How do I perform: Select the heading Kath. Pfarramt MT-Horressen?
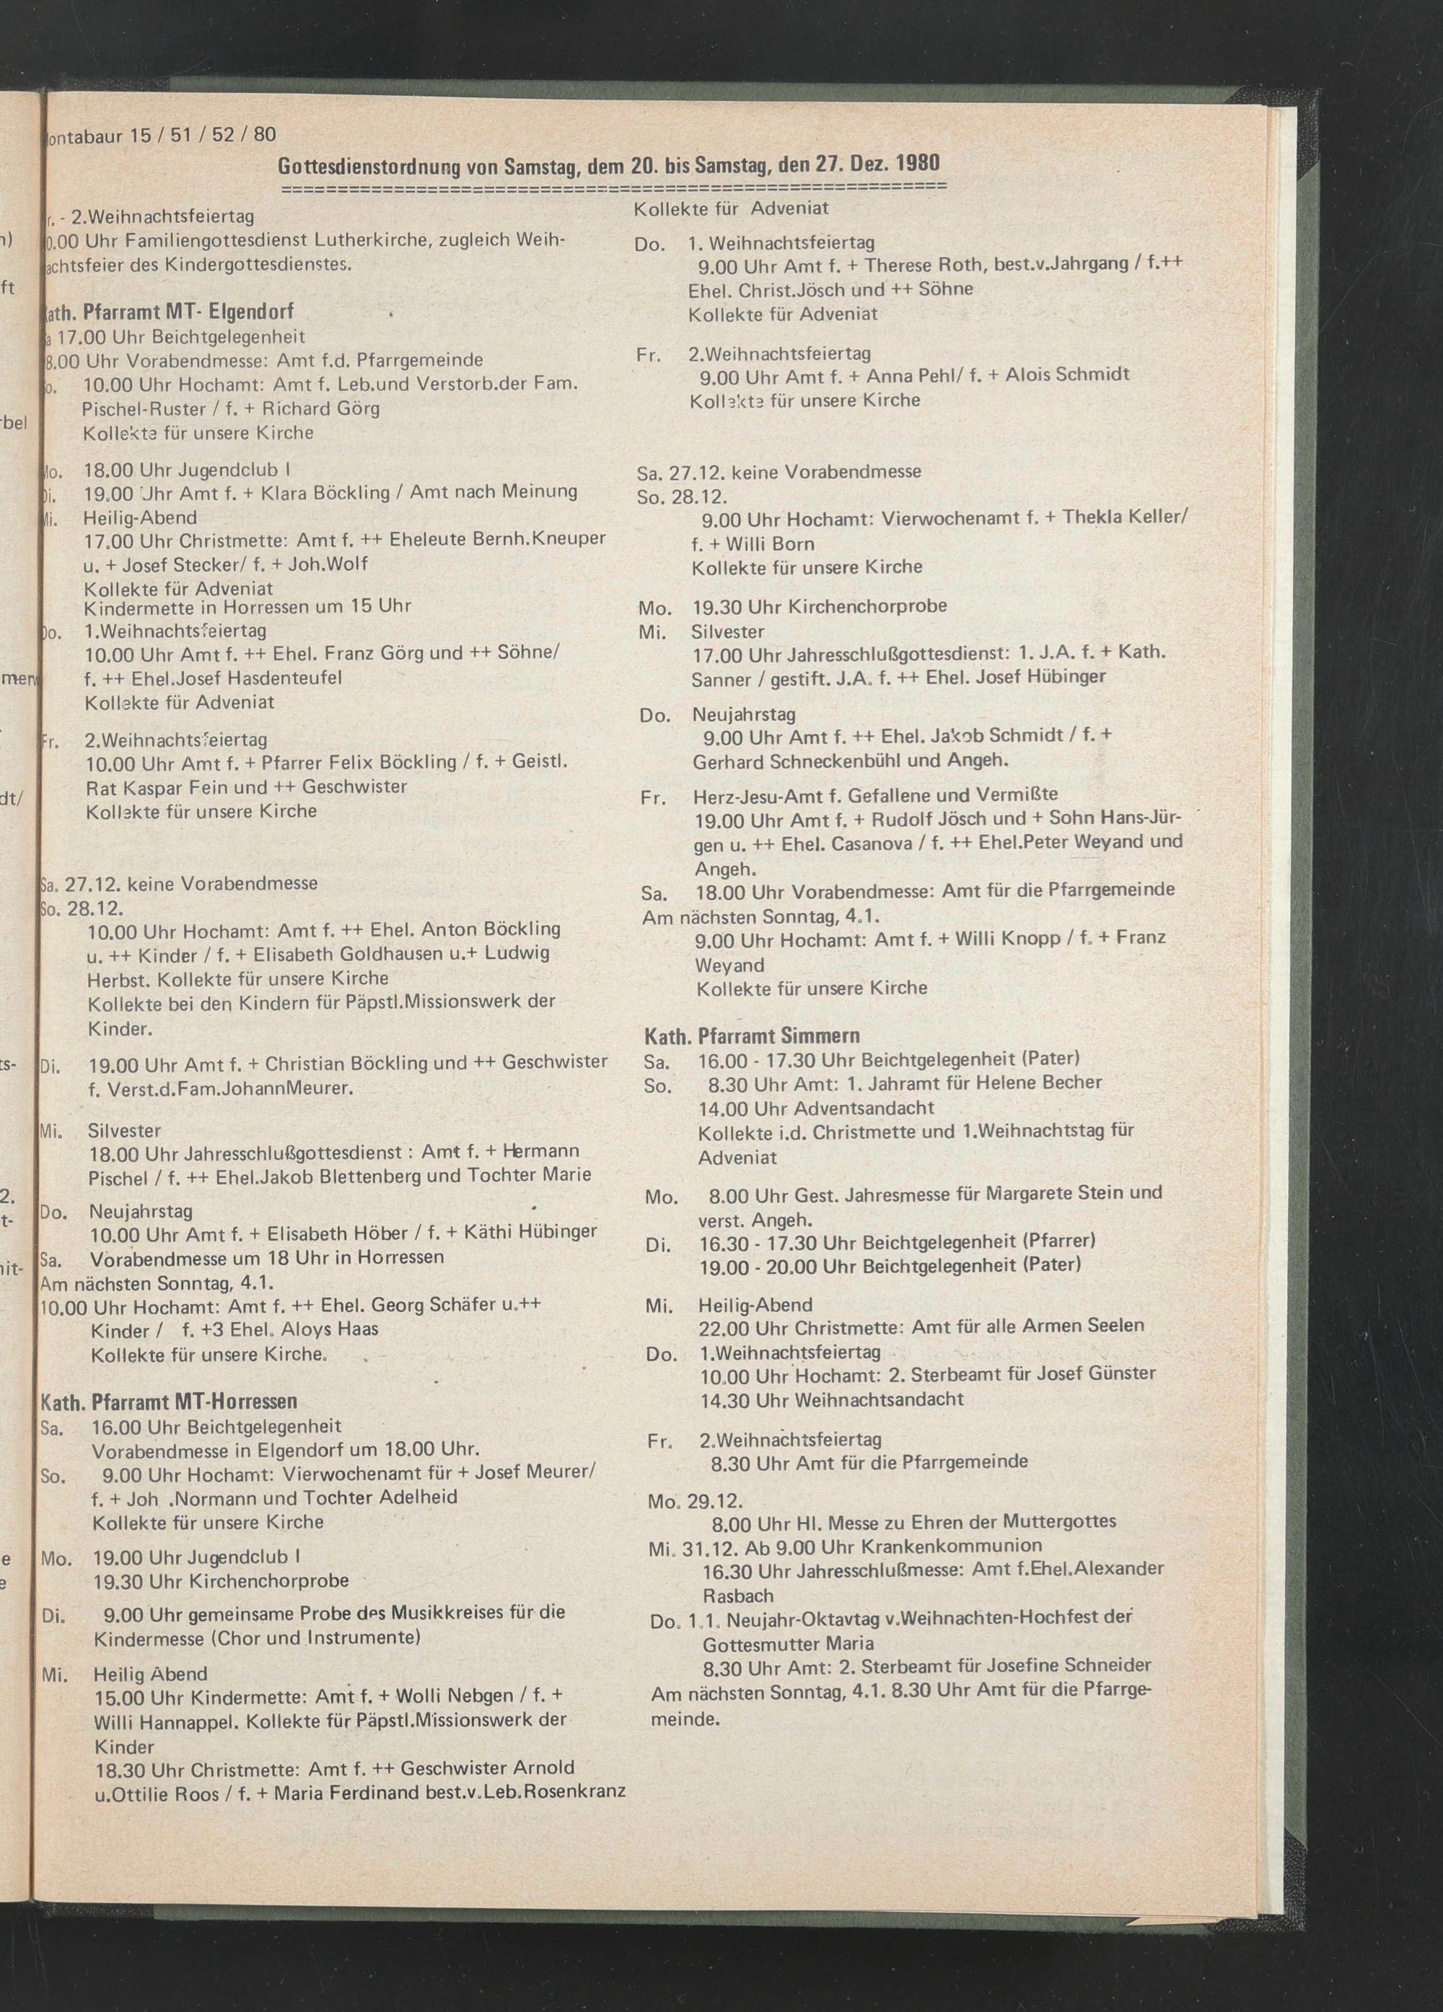click(169, 1401)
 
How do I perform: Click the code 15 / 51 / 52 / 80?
click(203, 135)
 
